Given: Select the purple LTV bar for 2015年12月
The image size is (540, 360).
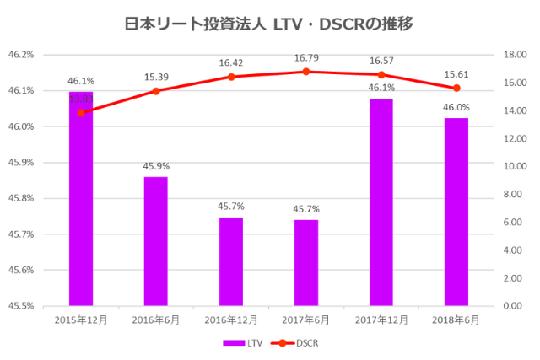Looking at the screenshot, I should (81, 202).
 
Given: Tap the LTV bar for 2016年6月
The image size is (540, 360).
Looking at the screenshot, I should (156, 241).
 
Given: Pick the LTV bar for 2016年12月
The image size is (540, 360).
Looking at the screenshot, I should (231, 261).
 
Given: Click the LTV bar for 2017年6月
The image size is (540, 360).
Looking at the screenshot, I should (306, 262).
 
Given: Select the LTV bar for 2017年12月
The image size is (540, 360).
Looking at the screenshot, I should (381, 202).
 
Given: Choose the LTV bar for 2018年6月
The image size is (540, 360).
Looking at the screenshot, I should (456, 212).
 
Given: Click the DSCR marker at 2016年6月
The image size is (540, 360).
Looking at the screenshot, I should (156, 91).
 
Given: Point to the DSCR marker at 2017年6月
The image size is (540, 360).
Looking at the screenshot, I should (306, 72).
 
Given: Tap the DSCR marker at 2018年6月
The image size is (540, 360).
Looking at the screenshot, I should (456, 88).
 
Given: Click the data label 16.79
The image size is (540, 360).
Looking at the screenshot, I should (306, 58).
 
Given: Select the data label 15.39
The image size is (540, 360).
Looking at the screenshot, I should (156, 77).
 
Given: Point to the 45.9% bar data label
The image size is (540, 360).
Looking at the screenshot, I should (156, 166).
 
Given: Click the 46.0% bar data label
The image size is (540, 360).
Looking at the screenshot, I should (456, 107).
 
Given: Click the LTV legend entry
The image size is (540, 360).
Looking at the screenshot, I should (246, 343).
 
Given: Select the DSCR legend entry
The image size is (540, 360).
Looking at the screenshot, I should (297, 343).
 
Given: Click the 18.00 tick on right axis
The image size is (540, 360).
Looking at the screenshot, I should (515, 55).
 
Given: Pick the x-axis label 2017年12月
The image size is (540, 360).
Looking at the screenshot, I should (381, 320).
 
